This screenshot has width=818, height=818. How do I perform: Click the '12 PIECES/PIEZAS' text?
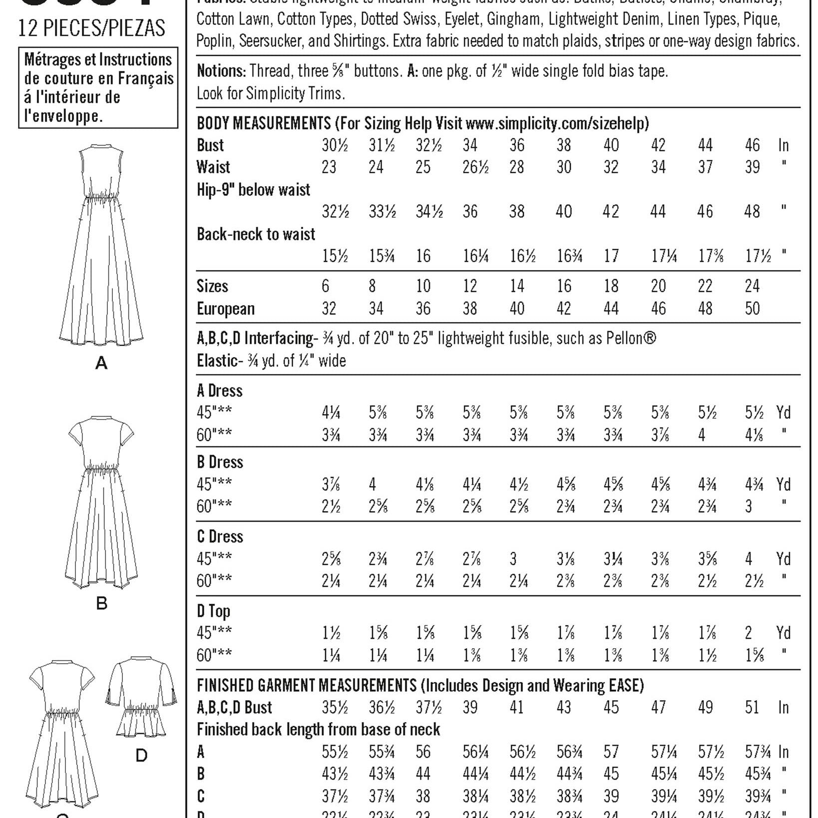click(91, 28)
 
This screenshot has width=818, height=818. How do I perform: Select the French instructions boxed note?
click(98, 87)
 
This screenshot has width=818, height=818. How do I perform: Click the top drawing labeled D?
click(141, 697)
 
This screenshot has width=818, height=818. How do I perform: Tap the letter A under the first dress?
click(101, 363)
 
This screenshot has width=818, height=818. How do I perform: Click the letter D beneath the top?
click(141, 756)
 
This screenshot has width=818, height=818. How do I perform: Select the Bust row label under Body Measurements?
click(210, 145)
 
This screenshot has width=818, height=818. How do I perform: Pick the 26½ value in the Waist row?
click(475, 167)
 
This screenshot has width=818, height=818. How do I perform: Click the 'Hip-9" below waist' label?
click(253, 190)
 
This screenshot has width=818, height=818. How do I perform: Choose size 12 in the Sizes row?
click(470, 286)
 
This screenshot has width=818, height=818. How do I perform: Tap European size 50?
click(752, 309)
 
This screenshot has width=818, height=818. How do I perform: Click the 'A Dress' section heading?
click(220, 391)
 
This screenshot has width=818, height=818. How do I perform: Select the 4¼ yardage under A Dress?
click(331, 413)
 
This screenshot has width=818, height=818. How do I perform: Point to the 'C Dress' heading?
click(220, 537)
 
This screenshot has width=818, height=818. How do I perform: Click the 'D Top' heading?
click(213, 611)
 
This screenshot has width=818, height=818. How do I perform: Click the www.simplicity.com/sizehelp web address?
click(557, 123)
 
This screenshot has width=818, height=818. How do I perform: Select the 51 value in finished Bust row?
click(752, 708)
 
